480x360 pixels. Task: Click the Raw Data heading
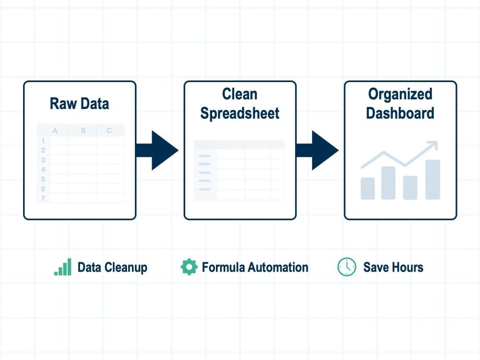(x=79, y=104)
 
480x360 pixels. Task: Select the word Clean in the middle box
(x=240, y=94)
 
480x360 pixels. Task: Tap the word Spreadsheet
(x=240, y=113)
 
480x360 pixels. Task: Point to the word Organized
(x=400, y=94)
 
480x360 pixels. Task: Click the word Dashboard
(x=400, y=113)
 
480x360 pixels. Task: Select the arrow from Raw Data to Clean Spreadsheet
(x=157, y=150)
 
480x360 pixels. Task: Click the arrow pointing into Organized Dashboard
(x=317, y=150)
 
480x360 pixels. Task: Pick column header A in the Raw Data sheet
(x=55, y=131)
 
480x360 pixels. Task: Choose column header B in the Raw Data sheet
(x=83, y=131)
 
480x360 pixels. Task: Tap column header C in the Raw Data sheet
(x=109, y=131)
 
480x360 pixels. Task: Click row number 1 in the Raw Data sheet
(x=43, y=141)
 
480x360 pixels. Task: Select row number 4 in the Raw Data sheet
(x=43, y=169)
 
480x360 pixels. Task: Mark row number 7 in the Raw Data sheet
(x=43, y=198)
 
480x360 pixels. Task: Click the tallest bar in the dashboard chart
(x=433, y=180)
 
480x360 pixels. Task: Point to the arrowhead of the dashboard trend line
(x=433, y=145)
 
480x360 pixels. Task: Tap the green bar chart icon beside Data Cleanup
(x=63, y=267)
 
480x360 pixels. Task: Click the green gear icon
(x=189, y=267)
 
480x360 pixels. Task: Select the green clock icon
(x=347, y=267)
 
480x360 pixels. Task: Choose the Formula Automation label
(x=255, y=267)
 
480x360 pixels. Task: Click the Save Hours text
(x=394, y=267)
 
